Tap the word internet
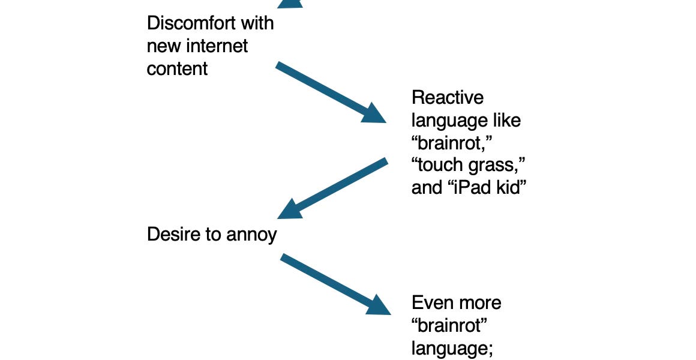click(x=219, y=46)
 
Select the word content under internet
click(x=178, y=68)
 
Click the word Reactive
click(x=448, y=97)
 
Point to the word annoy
click(x=252, y=235)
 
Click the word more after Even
click(x=479, y=302)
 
